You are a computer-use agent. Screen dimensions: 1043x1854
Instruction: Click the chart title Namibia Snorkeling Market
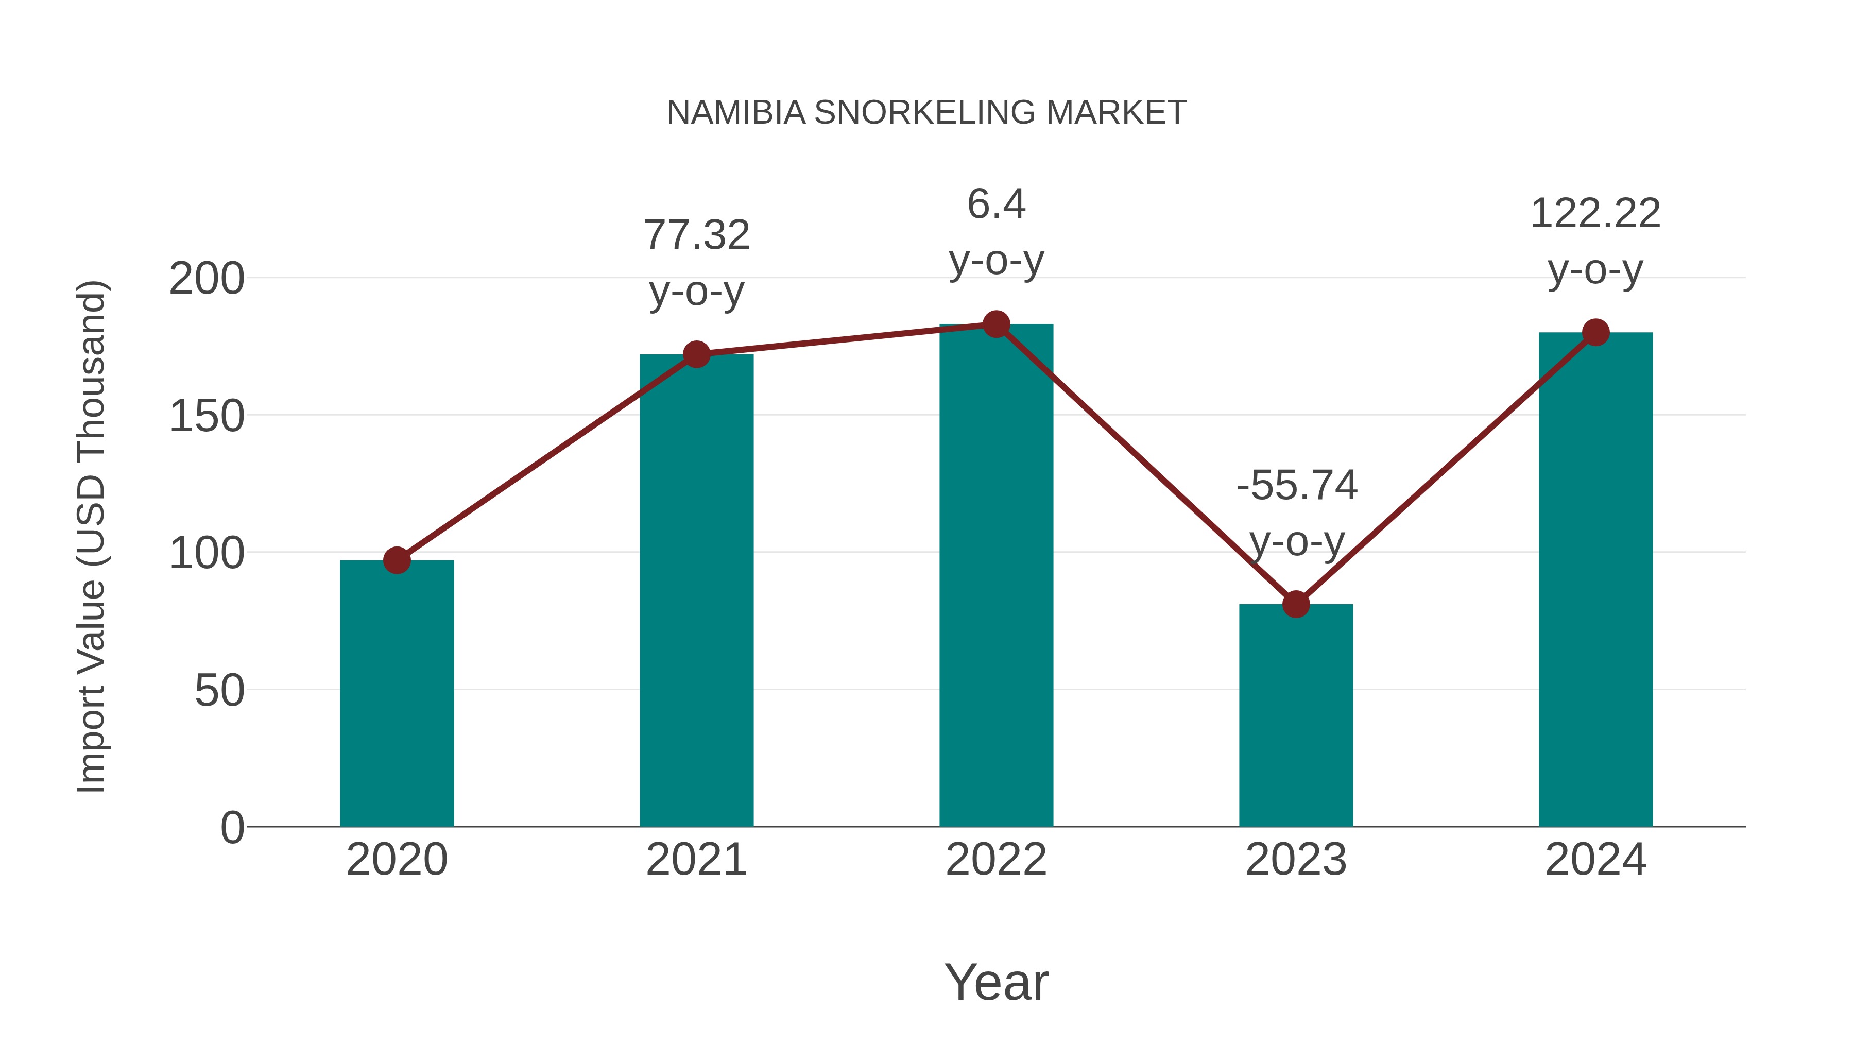coord(926,113)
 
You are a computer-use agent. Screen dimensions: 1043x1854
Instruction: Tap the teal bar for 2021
coord(696,590)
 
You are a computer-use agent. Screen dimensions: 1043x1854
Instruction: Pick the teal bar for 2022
coord(996,575)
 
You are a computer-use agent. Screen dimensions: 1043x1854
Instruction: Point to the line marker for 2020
coord(397,560)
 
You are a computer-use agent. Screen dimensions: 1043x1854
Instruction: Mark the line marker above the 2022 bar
coord(996,324)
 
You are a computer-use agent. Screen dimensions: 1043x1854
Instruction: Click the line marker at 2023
coord(1296,605)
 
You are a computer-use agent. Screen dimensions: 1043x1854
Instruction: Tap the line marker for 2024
coord(1595,333)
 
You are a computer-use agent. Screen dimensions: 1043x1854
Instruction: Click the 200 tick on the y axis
coord(207,279)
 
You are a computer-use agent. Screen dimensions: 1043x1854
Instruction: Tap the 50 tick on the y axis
coord(219,691)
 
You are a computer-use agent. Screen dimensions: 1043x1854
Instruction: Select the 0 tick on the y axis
coord(232,828)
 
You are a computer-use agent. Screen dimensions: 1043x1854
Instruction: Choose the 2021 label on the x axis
coord(696,860)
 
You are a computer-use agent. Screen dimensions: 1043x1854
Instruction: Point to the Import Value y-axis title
coord(91,536)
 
